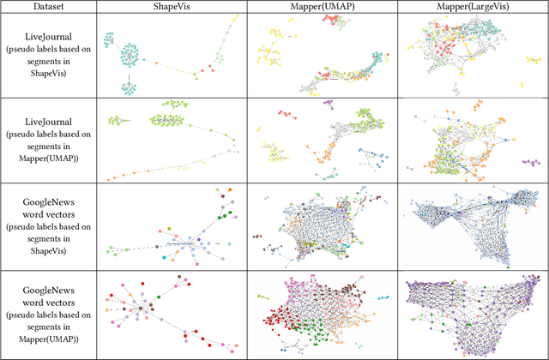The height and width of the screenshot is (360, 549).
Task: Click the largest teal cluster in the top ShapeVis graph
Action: [127, 51]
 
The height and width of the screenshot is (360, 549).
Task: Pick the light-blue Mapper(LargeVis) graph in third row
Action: [471, 221]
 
